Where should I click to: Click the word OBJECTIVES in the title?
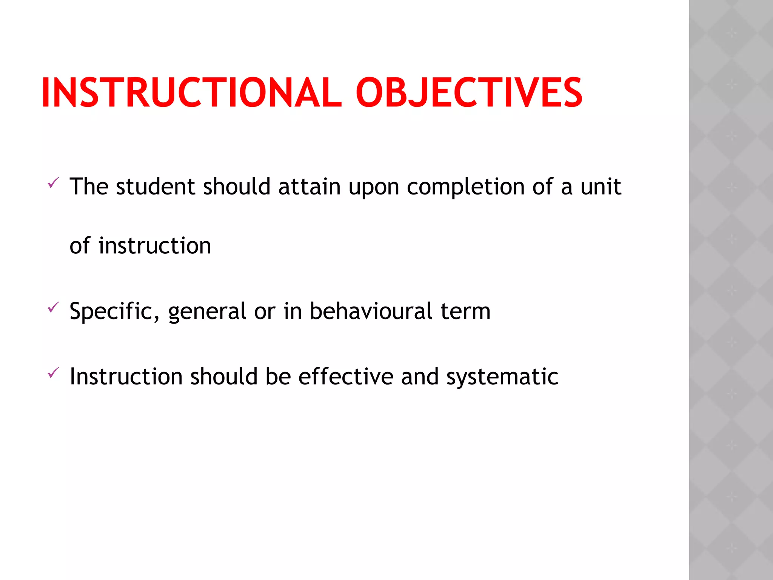[x=469, y=93]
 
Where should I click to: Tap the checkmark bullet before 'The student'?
[x=53, y=183]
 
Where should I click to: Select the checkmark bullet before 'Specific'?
[x=53, y=307]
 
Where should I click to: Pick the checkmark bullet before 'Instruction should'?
[x=53, y=373]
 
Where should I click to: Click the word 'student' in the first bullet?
[x=156, y=187]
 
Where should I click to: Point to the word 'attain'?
[x=310, y=187]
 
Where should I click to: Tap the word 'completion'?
[x=466, y=187]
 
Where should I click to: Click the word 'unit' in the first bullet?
[x=601, y=187]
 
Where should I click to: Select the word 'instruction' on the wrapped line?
[x=155, y=246]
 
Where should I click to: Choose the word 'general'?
[x=207, y=312]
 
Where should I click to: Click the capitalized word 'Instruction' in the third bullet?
[x=126, y=377]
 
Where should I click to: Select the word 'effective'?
[x=346, y=377]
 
